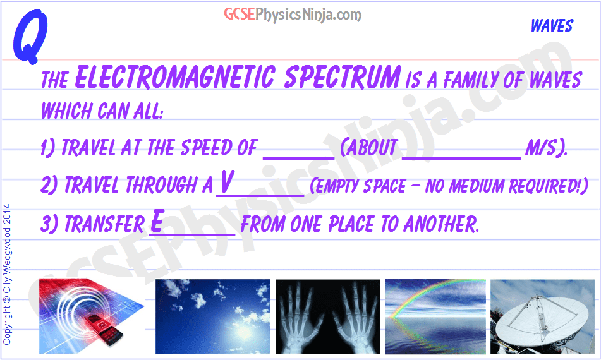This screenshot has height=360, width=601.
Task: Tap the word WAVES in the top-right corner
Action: tap(551, 26)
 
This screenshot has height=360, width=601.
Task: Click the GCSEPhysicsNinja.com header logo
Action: tap(293, 14)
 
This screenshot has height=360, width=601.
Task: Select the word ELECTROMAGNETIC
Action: tap(173, 78)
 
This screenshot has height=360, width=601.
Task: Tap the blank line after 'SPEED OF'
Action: tap(298, 152)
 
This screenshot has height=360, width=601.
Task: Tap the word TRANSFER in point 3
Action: tap(104, 224)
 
